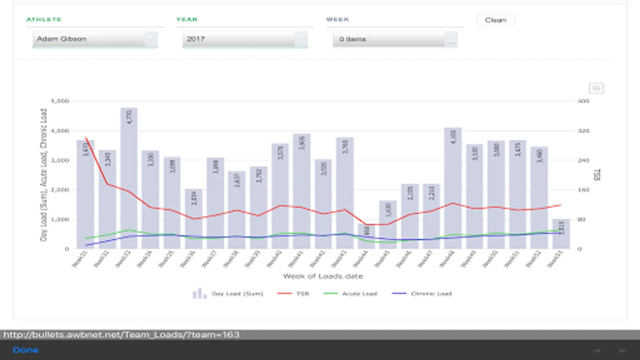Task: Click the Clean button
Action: (x=495, y=20)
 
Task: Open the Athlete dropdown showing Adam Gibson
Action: (x=95, y=39)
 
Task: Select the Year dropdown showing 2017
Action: (x=245, y=39)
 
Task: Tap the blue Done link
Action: (x=26, y=350)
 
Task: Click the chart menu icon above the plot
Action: (x=596, y=88)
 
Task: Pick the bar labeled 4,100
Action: (x=453, y=188)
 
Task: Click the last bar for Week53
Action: (x=561, y=234)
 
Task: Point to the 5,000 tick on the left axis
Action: (x=60, y=101)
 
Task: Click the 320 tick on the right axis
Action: (x=583, y=131)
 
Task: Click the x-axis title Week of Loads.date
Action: (x=323, y=276)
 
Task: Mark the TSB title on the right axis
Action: (x=597, y=175)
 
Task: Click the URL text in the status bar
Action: (x=122, y=335)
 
